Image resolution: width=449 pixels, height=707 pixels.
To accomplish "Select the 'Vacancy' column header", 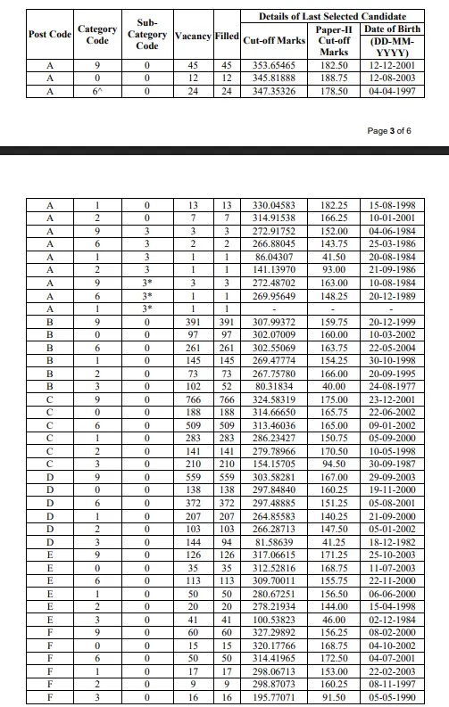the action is (192, 35).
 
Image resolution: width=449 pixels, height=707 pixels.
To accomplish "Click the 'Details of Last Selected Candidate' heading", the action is (332, 16).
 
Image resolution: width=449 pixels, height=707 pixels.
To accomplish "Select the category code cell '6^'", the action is (97, 91).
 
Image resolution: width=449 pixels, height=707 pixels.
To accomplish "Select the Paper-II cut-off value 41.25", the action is (334, 541).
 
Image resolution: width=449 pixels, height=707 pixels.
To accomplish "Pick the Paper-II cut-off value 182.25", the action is (334, 205).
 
